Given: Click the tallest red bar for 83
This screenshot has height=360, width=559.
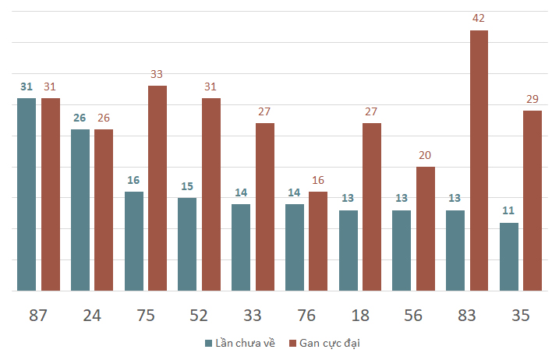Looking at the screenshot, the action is [479, 161].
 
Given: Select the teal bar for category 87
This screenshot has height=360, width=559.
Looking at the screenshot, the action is [27, 194].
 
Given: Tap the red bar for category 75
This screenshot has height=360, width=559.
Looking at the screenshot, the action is [157, 189].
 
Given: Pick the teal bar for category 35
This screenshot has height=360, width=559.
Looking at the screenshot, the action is [509, 256].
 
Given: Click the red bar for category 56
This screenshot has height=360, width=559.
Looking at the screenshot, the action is [426, 229].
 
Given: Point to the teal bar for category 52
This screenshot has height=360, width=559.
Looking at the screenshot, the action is [187, 244].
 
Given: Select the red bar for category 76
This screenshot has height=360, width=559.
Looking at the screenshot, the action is [318, 242].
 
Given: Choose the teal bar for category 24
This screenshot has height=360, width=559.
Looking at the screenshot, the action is [80, 210].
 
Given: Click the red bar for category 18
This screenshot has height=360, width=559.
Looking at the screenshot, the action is [372, 206].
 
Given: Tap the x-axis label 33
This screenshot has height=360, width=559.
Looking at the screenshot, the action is [253, 316].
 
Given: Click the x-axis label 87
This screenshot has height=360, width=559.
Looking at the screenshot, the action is [37, 316].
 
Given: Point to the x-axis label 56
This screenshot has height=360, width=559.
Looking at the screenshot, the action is [413, 316].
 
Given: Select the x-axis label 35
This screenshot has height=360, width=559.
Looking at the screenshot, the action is [521, 316].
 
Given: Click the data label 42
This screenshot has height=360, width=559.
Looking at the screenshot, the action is [479, 18].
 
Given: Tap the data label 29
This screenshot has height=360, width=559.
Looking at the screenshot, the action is [532, 99].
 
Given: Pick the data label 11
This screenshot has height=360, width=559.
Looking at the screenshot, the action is [508, 210].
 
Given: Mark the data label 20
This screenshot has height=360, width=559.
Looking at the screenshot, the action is [425, 155].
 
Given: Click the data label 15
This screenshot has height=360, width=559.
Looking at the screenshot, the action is [187, 186].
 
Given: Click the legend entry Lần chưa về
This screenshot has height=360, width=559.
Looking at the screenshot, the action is [240, 344].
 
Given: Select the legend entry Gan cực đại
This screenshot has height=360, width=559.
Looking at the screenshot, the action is [325, 344].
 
